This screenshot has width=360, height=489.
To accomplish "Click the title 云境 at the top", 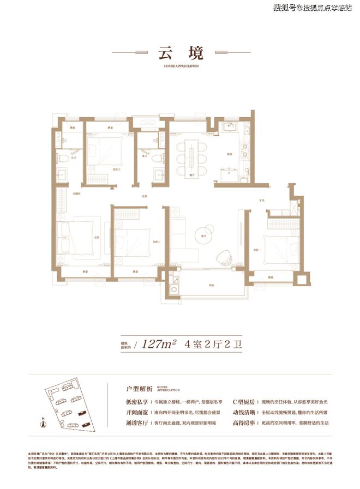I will pos(180,53).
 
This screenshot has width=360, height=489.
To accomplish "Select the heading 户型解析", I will pos(137,389).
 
